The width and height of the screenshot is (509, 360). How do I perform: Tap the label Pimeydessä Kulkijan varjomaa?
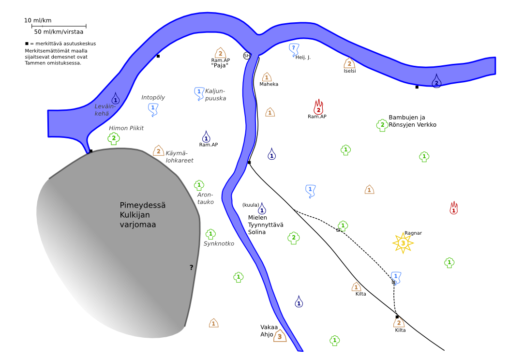[142, 215]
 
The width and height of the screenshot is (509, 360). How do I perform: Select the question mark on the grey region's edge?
[191, 268]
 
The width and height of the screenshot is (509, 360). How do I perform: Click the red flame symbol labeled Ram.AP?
[318, 107]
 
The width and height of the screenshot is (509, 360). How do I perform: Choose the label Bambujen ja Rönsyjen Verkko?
[412, 121]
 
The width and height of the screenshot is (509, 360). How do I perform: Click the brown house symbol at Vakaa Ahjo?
[280, 336]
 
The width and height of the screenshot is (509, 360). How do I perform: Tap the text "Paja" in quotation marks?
[220, 65]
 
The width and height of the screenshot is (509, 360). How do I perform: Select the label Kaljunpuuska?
[215, 94]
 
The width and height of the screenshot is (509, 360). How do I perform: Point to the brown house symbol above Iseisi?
[349, 63]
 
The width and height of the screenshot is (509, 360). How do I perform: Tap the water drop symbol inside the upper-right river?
[436, 81]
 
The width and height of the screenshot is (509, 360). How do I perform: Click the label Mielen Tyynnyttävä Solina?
[265, 225]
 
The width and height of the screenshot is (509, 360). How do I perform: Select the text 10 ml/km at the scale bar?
[38, 21]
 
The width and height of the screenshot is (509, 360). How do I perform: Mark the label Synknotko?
[219, 244]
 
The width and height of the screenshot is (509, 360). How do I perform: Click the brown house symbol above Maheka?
[267, 77]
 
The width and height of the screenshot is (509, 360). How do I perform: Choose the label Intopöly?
[153, 98]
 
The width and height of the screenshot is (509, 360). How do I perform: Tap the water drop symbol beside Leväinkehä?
[115, 98]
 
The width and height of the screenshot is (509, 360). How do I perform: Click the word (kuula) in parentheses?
[250, 205]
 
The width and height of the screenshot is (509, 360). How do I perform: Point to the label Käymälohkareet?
[180, 156]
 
